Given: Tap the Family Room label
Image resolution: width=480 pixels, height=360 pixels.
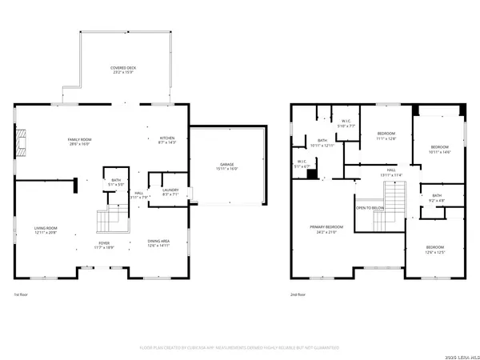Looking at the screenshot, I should pyautogui.click(x=79, y=142).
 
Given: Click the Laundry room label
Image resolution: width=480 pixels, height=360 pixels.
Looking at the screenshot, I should pyautogui.click(x=170, y=192).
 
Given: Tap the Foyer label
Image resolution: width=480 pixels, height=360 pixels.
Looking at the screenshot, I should pyautogui.click(x=104, y=246).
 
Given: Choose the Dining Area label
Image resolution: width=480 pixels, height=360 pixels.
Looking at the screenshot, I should pyautogui.click(x=158, y=243).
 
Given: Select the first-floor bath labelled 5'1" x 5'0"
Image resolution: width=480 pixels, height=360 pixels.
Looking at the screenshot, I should pyautogui.click(x=116, y=183).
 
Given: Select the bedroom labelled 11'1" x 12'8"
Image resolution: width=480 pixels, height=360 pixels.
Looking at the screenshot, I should pyautogui.click(x=386, y=136).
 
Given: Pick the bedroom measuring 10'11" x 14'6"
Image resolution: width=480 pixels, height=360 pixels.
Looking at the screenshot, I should pyautogui.click(x=440, y=150).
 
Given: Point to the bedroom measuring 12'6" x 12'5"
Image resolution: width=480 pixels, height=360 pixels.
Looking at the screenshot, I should pyautogui.click(x=435, y=250).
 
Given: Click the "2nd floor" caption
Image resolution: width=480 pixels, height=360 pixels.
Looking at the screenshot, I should pyautogui.click(x=300, y=294).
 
